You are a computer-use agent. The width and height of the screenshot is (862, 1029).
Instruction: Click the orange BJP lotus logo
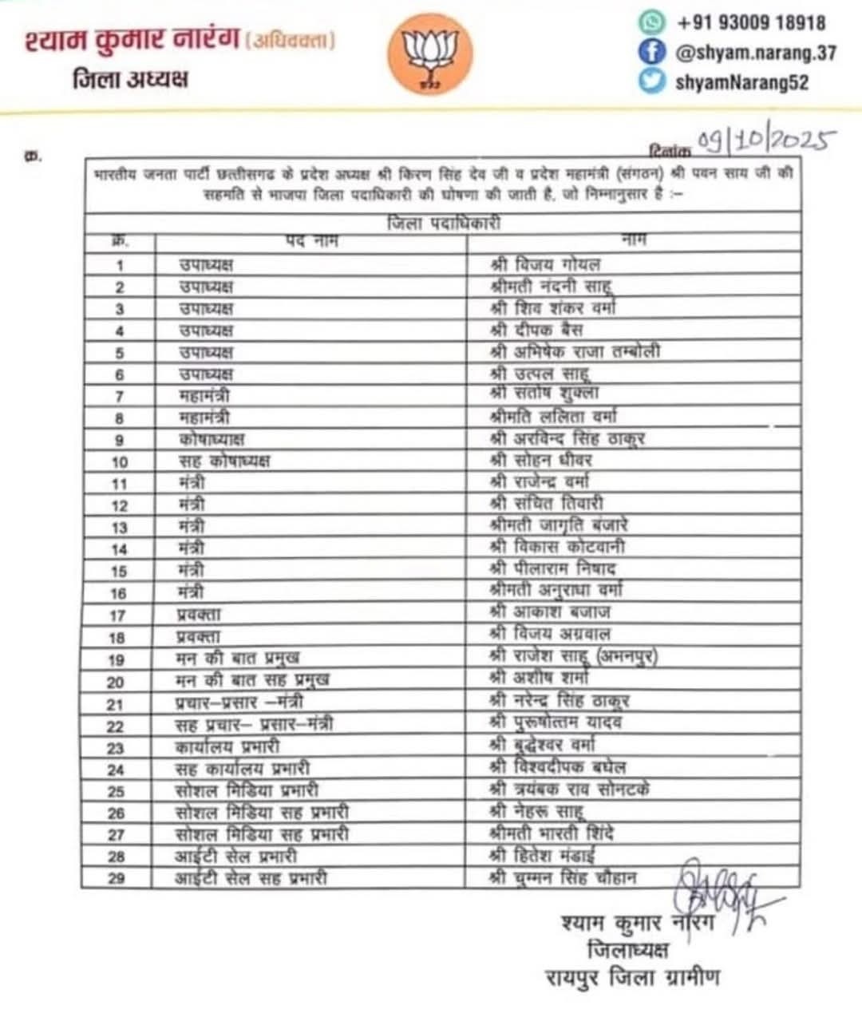[x=429, y=54]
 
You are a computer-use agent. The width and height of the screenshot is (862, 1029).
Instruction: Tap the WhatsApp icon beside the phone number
[x=652, y=22]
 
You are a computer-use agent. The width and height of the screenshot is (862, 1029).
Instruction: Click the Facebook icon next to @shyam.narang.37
[x=652, y=52]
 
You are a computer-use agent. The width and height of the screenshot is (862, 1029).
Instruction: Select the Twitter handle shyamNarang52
[x=741, y=81]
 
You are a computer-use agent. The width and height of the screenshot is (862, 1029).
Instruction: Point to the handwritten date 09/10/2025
[x=765, y=140]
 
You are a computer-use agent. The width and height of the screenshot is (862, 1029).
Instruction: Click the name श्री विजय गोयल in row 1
[x=545, y=264]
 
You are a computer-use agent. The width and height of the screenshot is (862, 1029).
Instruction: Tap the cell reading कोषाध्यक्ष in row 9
[x=212, y=439]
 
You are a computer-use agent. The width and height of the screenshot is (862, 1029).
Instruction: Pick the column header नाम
[x=632, y=239]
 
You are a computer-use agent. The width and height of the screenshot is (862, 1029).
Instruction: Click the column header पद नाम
[x=311, y=241]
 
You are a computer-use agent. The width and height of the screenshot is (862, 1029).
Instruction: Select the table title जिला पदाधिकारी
[x=443, y=224]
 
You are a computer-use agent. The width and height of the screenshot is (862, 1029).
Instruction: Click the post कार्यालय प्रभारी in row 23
[x=228, y=747]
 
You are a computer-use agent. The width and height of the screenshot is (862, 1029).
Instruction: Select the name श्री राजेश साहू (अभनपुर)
[x=573, y=657]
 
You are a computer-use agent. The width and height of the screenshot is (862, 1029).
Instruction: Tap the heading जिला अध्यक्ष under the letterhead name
[x=130, y=78]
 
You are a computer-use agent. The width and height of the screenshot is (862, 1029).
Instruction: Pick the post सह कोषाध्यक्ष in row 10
[x=225, y=461]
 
